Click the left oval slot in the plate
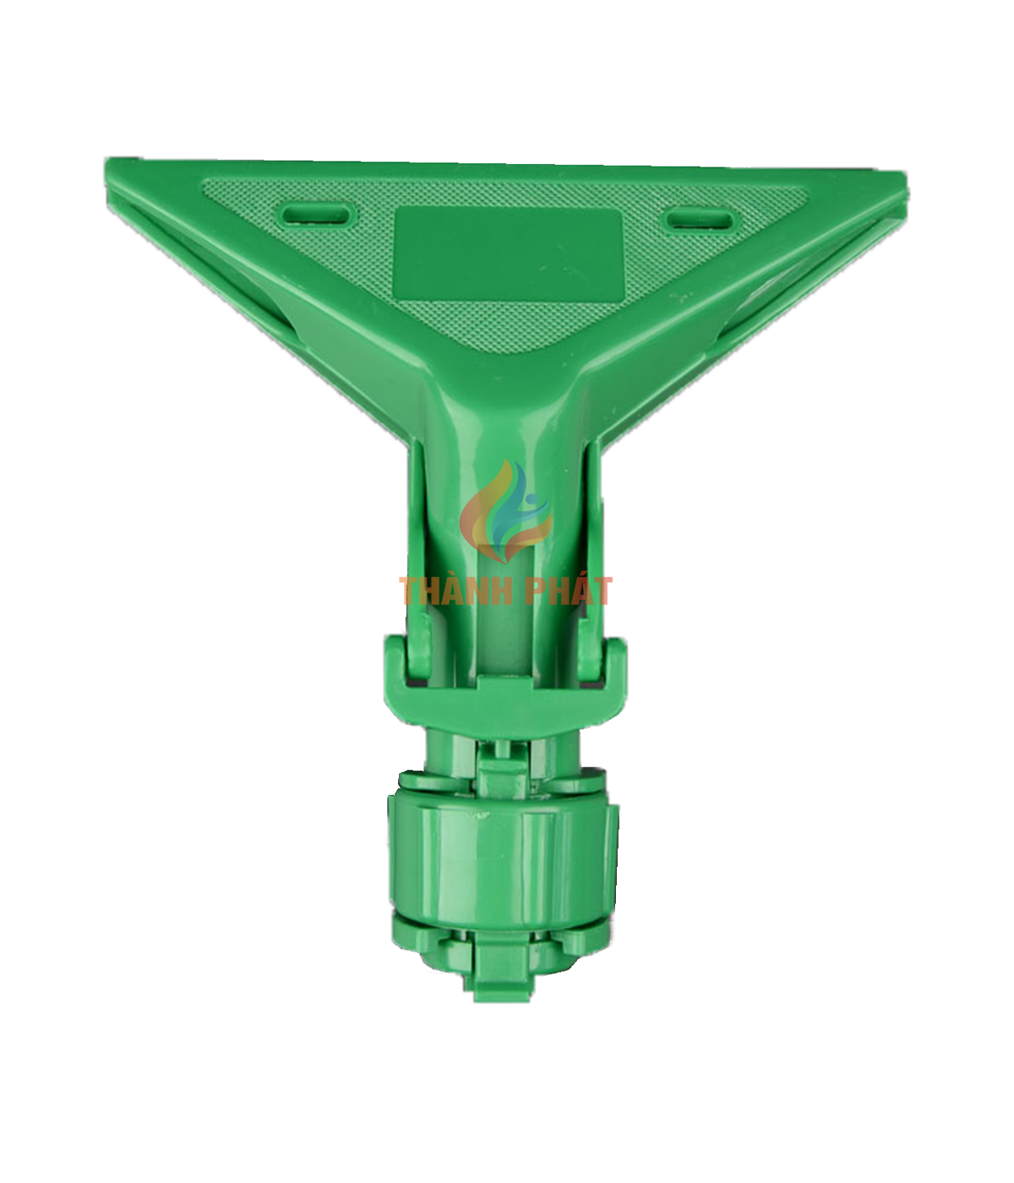(315, 215)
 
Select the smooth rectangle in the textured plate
(508, 254)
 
